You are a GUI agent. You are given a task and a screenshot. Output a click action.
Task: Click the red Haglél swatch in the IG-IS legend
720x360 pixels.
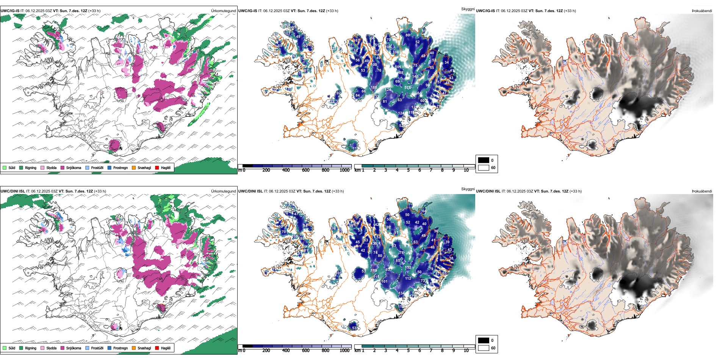(x=157, y=167)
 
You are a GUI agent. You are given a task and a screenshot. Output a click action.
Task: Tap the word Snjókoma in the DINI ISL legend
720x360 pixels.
(x=74, y=348)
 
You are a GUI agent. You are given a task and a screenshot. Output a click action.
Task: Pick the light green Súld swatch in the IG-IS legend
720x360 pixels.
(x=5, y=167)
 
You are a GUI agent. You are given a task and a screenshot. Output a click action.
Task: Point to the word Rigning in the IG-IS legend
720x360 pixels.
(x=31, y=167)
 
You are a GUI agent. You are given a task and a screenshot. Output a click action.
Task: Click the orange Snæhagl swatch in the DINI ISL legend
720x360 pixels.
(x=134, y=348)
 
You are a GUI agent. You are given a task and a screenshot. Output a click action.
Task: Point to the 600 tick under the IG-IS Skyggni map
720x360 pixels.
(x=305, y=171)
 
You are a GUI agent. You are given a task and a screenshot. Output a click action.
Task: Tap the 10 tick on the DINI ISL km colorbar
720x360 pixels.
(x=466, y=351)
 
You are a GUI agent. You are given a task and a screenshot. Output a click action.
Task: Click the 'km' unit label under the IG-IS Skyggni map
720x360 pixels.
(x=357, y=171)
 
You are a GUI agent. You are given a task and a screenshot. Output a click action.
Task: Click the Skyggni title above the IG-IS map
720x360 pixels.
(x=468, y=9)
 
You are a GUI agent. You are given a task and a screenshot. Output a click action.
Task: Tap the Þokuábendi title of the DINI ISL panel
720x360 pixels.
(x=702, y=191)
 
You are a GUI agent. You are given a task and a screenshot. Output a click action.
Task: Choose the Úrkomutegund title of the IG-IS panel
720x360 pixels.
(x=223, y=11)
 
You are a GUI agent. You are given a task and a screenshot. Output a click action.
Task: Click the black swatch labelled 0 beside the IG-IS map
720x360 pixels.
(x=484, y=160)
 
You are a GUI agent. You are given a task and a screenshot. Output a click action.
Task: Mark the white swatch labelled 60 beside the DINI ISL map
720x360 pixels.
(x=484, y=348)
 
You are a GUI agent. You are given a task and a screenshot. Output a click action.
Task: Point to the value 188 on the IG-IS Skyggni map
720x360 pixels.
(x=374, y=88)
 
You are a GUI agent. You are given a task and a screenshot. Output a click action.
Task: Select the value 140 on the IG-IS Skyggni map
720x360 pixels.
(x=415, y=77)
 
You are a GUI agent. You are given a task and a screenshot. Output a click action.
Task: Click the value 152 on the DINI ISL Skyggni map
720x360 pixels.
(x=408, y=268)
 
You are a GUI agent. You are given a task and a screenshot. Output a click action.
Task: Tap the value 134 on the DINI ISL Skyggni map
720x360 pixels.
(x=401, y=293)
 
